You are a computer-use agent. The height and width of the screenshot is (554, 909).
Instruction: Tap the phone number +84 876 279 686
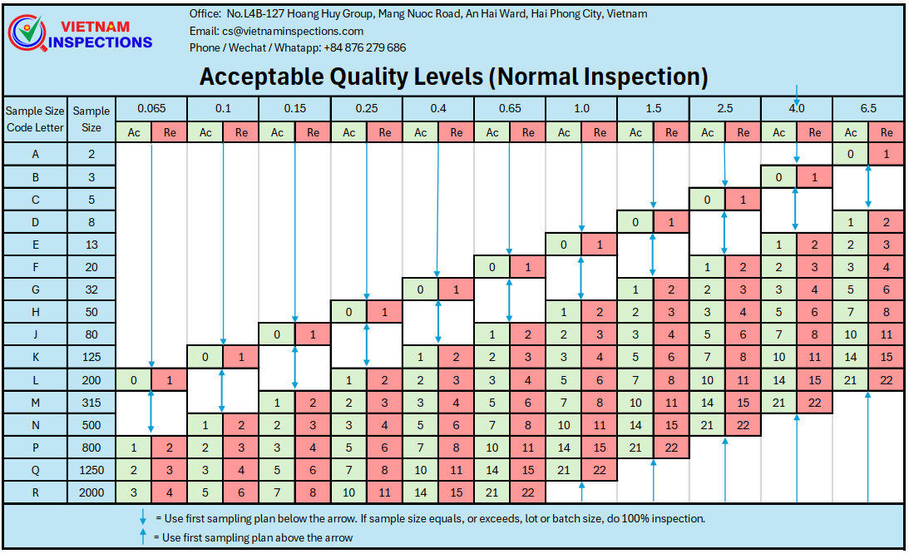point(364,47)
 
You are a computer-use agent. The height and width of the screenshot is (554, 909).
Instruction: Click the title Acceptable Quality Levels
point(453,77)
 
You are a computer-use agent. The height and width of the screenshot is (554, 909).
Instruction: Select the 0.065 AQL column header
point(151,109)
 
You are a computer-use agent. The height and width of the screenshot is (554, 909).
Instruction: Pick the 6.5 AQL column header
point(868,109)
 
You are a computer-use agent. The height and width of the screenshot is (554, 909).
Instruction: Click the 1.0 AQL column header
point(581,109)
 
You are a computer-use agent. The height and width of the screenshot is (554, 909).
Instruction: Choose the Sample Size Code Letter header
point(36,119)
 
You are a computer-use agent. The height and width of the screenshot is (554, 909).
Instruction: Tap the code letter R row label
point(36,492)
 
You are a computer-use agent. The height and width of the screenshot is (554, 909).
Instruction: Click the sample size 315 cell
point(91,403)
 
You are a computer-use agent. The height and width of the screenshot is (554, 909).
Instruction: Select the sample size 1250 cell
point(91,470)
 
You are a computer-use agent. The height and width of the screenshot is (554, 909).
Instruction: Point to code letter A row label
point(36,154)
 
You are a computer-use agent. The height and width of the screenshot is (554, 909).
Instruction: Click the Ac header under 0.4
point(421,132)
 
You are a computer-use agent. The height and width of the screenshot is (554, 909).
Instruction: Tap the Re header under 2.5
point(743,132)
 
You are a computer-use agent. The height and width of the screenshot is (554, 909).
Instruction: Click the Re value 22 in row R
point(528,492)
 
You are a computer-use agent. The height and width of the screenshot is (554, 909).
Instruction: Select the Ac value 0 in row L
point(134,380)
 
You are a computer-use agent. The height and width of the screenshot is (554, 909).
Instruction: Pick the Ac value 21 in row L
point(850,380)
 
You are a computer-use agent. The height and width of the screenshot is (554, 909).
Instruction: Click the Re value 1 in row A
point(887,154)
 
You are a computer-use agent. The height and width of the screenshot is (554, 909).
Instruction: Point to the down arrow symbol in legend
point(144,518)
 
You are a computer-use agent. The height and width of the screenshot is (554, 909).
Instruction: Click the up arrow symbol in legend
point(144,537)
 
